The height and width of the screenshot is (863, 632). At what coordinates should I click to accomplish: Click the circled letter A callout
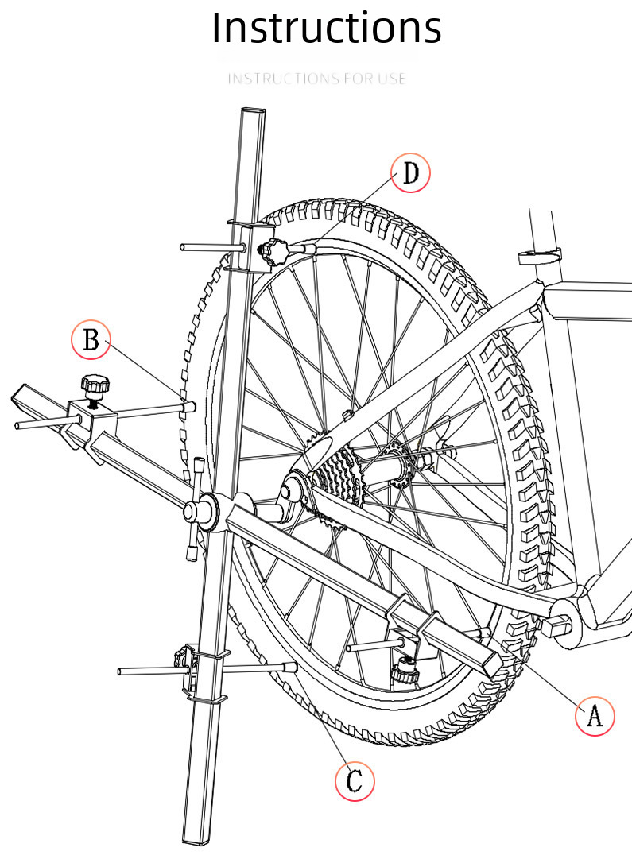595,715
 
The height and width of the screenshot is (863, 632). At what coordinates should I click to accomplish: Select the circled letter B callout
91,339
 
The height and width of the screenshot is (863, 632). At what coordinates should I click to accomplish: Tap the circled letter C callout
355,780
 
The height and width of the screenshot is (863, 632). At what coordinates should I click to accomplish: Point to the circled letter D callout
410,172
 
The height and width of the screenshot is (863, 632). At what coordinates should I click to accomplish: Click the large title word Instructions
327,28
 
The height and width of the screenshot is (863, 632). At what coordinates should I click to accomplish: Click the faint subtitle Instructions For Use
316,79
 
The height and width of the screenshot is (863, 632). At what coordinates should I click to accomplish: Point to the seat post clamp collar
540,255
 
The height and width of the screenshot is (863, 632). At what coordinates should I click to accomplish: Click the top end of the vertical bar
253,110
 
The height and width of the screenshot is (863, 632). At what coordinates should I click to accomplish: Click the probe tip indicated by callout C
289,667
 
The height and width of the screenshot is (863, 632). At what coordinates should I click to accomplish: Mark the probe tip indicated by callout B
189,407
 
